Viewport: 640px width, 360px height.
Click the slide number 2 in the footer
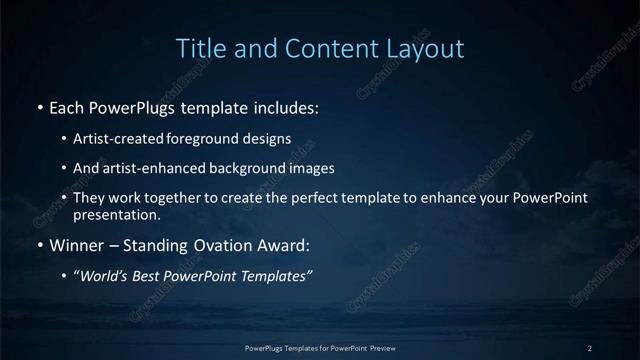tap(590, 347)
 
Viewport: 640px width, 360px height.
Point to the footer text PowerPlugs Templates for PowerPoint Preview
tap(320, 347)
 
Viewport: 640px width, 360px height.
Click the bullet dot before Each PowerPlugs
tap(39, 106)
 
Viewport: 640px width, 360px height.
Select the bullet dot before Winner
tap(39, 244)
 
